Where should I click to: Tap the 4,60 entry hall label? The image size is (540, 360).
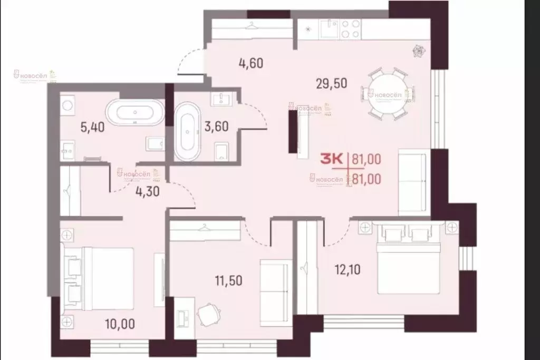[251, 64]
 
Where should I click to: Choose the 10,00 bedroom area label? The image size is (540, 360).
[112, 321]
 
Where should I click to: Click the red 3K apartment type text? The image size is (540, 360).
[332, 159]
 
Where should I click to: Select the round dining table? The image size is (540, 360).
[388, 94]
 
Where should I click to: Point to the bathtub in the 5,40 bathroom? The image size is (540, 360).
[135, 112]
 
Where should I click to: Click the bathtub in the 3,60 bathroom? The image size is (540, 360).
[187, 131]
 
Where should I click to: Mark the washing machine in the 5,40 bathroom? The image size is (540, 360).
[67, 105]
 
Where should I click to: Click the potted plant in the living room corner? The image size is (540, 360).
[419, 51]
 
